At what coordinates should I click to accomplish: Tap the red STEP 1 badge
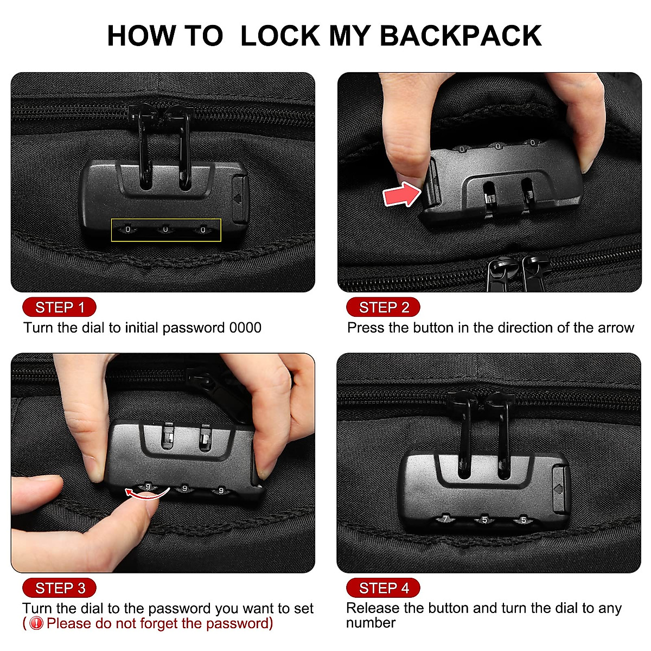click(59, 308)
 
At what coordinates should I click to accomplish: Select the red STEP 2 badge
click(383, 308)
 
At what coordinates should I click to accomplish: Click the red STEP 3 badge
click(59, 588)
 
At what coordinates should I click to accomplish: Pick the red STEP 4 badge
click(383, 588)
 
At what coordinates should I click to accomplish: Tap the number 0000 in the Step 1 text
click(245, 328)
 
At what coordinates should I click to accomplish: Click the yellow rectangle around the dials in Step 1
click(166, 230)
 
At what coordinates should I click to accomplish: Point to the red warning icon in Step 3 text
click(36, 623)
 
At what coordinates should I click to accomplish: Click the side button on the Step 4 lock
click(559, 488)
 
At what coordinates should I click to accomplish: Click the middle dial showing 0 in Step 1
click(165, 230)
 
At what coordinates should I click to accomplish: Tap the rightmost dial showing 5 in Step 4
click(523, 520)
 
